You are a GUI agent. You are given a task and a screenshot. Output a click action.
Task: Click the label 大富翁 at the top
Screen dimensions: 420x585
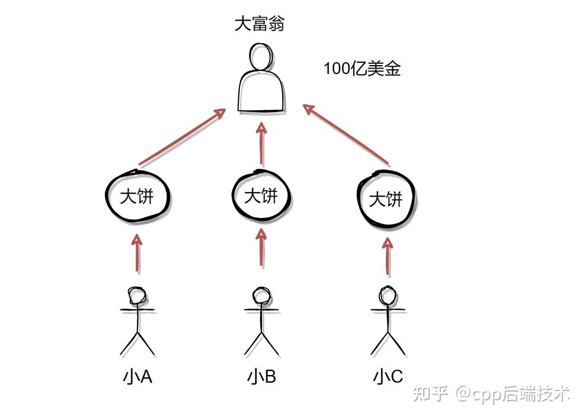pos(260,24)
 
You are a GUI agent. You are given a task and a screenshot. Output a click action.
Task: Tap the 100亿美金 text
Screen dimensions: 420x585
pos(362,69)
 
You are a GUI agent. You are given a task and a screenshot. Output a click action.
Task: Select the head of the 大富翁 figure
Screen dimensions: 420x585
pos(261,57)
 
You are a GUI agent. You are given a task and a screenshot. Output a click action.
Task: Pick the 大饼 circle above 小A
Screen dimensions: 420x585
pos(137,197)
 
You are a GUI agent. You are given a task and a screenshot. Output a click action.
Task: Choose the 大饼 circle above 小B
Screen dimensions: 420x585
pos(261,195)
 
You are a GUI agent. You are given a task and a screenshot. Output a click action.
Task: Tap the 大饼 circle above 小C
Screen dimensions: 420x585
pos(386,199)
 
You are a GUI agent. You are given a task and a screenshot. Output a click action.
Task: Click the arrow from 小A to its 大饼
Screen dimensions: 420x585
pos(138,253)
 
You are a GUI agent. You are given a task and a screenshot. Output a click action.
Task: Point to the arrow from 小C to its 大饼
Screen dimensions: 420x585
pos(388,257)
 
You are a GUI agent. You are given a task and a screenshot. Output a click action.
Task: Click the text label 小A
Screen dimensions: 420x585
pos(138,377)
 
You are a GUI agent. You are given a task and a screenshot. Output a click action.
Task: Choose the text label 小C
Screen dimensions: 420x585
pos(388,377)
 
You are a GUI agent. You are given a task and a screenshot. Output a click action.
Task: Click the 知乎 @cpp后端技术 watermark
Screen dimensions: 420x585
pos(491,394)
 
